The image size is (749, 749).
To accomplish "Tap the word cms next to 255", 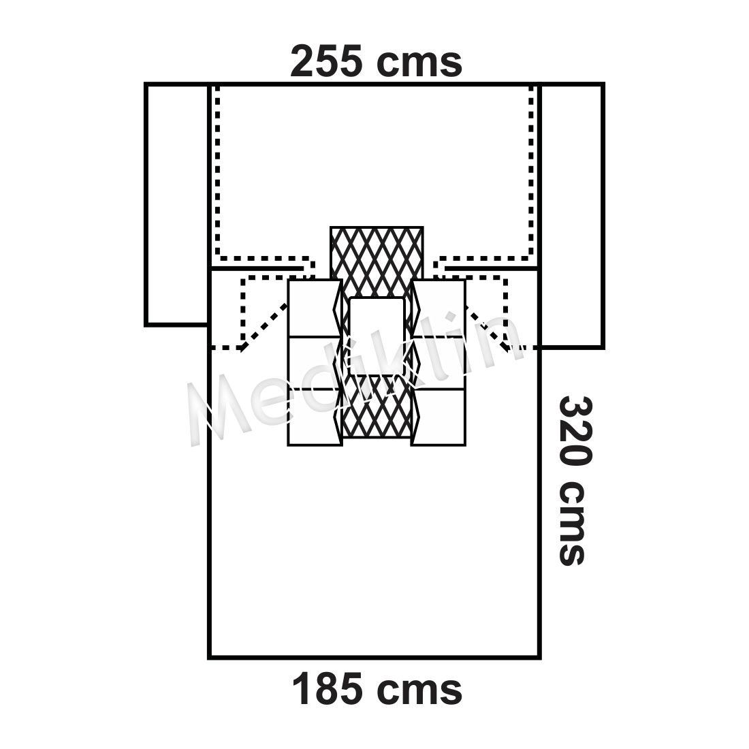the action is [x=419, y=65].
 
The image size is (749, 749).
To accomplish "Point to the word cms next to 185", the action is [x=419, y=692].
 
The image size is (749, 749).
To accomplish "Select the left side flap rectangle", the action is [x=177, y=205].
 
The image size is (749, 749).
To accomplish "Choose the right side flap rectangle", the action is [x=571, y=216].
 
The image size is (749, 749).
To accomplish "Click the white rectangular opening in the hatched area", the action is [x=377, y=337].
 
